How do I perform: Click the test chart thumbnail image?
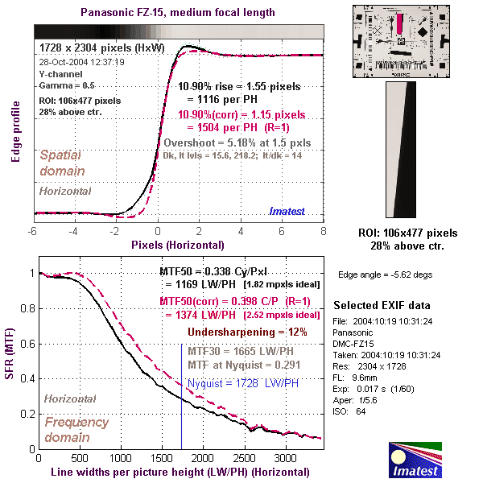[x=398, y=40]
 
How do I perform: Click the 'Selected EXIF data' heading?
[x=382, y=306]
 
